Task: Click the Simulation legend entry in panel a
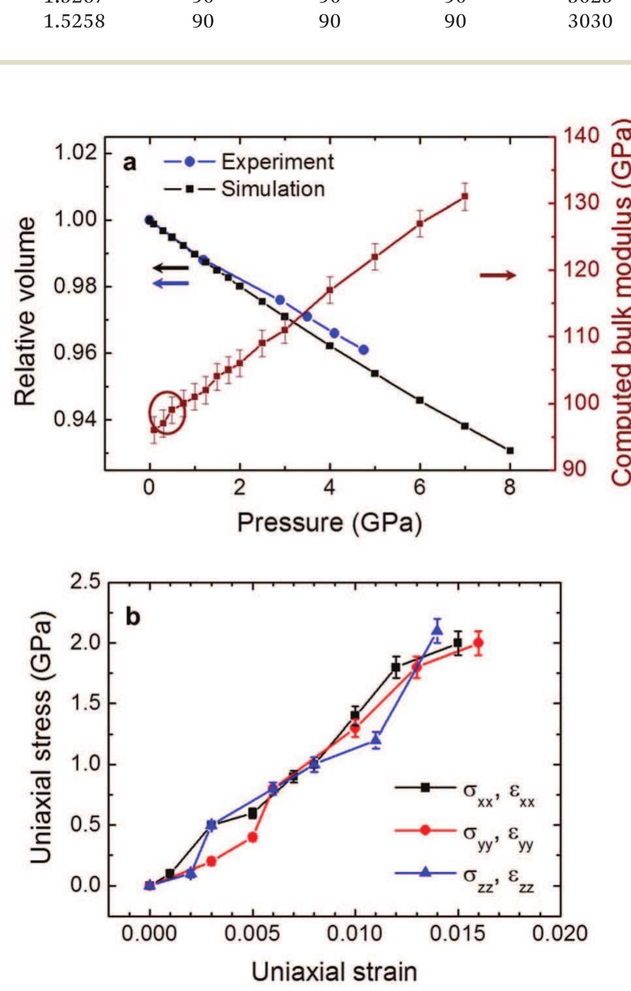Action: click(245, 189)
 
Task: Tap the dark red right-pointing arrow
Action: click(497, 275)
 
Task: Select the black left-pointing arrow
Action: click(170, 267)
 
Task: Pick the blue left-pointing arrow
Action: click(170, 283)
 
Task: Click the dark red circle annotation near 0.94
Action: click(167, 413)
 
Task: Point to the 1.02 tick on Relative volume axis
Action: click(74, 152)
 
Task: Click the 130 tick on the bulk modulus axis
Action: click(580, 202)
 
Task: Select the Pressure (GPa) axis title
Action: click(329, 523)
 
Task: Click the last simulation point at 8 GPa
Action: click(510, 450)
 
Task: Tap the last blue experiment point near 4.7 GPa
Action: click(363, 350)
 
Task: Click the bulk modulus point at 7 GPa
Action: click(465, 196)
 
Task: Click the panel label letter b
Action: click(132, 617)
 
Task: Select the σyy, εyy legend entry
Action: click(465, 831)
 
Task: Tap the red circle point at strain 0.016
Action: click(478, 643)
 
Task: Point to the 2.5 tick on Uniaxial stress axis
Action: click(85, 581)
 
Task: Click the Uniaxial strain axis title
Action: click(334, 971)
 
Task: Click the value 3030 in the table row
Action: click(590, 22)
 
